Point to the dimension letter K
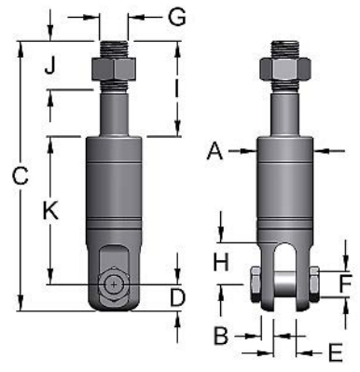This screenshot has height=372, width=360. tap(51, 212)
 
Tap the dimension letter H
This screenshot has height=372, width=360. tap(220, 263)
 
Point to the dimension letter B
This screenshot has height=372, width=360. tap(222, 334)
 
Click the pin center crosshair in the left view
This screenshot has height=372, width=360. tap(113, 283)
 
